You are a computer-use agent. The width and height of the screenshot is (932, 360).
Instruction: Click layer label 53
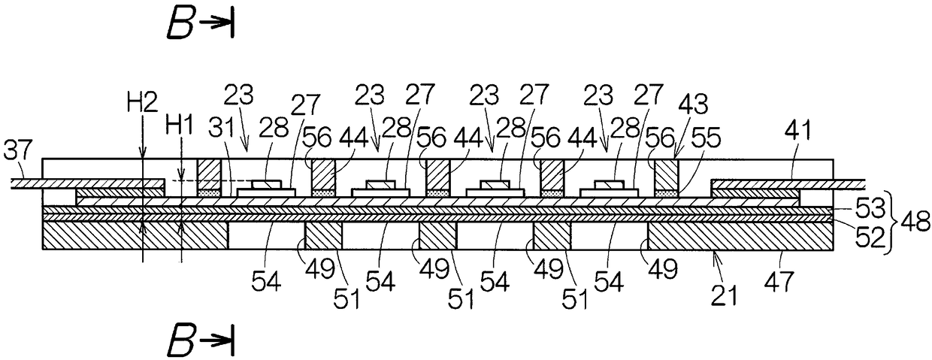(856, 203)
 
